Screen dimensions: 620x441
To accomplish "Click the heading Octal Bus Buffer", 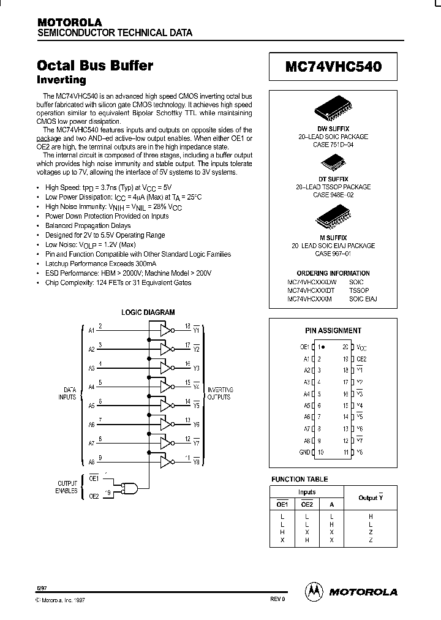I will pos(95,66).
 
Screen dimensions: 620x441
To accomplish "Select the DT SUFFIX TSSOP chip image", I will pos(333,163).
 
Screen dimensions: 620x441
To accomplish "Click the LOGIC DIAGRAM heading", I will pos(148,312).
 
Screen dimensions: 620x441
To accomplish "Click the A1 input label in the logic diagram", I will pos(91,330).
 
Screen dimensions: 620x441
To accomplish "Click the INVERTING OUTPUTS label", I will pos(219,393).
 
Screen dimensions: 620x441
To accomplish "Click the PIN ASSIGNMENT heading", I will pos(333,330).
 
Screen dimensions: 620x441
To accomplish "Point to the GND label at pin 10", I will pos(304,452).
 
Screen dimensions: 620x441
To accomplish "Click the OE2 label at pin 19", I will pos(361,359).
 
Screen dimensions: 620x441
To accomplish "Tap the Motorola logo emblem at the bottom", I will pos(313,591).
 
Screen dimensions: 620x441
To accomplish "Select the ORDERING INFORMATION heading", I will pos(333,273).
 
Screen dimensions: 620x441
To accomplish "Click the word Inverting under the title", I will pos(61,80).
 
